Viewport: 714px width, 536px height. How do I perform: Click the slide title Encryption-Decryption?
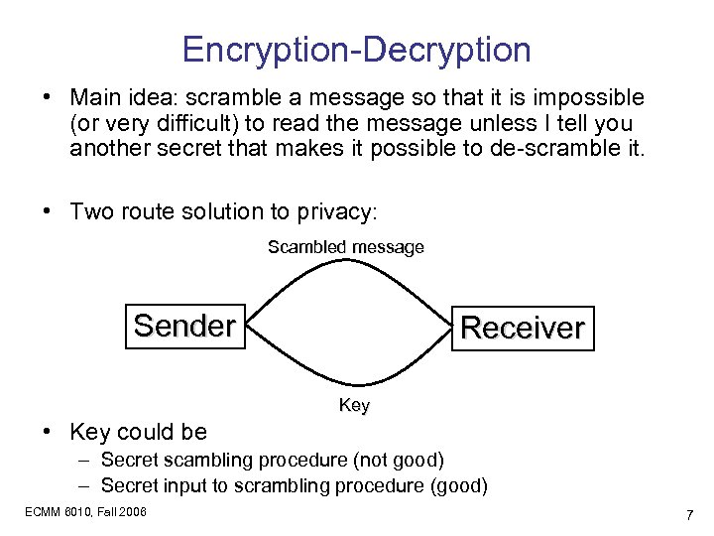pos(357,50)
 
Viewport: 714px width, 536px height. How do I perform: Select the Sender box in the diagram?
pos(184,326)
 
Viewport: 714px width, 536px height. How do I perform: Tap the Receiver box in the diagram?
pos(523,328)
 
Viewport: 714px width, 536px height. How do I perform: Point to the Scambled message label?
pos(345,247)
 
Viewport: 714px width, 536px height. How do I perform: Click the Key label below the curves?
pos(354,405)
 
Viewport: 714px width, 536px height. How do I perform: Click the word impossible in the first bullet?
pos(592,98)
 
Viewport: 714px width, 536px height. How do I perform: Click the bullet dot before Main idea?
pos(47,99)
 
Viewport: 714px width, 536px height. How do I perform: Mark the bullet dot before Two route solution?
pos(47,212)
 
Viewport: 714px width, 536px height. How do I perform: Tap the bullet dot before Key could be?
pos(47,433)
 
